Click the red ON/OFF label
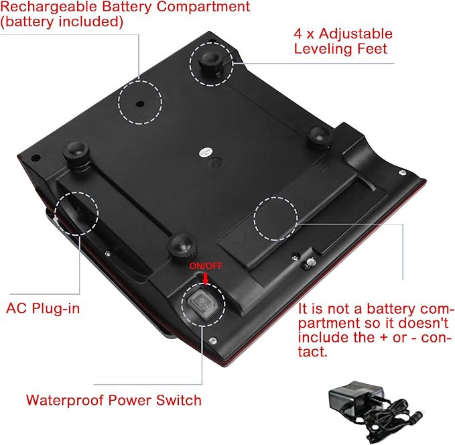click(x=206, y=266)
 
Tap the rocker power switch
click(x=202, y=304)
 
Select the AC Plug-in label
click(x=43, y=308)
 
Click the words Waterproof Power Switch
click(x=114, y=400)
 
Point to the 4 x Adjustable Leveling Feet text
click(x=343, y=42)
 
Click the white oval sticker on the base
click(x=206, y=152)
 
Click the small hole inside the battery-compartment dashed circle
click(x=140, y=103)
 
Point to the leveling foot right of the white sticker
click(x=319, y=137)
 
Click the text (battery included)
click(x=62, y=22)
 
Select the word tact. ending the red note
click(x=313, y=352)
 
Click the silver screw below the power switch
click(x=213, y=340)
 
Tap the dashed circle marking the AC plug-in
click(x=76, y=213)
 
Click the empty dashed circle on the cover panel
click(x=275, y=218)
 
